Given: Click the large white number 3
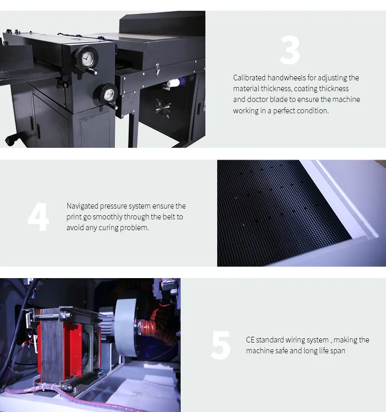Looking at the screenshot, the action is pyautogui.click(x=290, y=50).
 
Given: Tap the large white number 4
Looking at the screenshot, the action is pyautogui.click(x=38, y=217).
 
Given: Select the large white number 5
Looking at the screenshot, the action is pyautogui.click(x=221, y=345).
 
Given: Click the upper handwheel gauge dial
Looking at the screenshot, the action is pyautogui.click(x=87, y=59).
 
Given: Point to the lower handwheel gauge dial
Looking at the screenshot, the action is pyautogui.click(x=109, y=95).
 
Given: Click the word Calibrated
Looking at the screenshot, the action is pyautogui.click(x=249, y=78).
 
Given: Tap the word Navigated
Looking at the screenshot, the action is pyautogui.click(x=82, y=206).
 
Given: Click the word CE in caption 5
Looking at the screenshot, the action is pyautogui.click(x=250, y=340).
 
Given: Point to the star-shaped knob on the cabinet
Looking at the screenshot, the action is pyautogui.click(x=163, y=108).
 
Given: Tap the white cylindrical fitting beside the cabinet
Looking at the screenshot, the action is pyautogui.click(x=173, y=83).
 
